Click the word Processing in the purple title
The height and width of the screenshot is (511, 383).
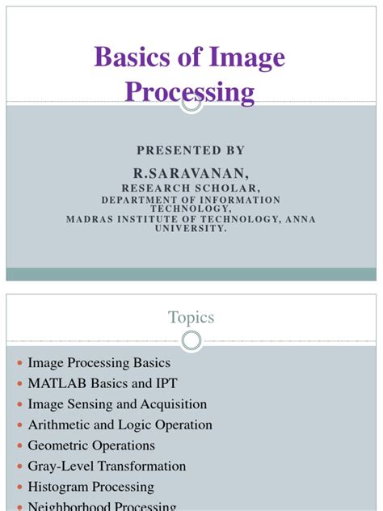click(x=191, y=91)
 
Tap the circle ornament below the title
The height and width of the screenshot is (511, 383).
click(x=191, y=103)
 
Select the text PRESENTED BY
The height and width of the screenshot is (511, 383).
click(x=191, y=151)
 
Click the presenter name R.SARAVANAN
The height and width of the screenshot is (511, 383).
click(x=191, y=174)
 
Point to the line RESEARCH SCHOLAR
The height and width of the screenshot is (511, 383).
click(x=191, y=188)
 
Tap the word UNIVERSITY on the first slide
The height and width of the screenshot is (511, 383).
click(x=191, y=228)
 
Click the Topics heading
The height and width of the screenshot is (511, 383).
click(x=191, y=317)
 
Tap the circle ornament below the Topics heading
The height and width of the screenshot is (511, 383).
click(x=191, y=341)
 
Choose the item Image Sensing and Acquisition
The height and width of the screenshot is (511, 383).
click(x=117, y=404)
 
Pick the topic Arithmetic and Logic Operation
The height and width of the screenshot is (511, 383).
click(x=120, y=424)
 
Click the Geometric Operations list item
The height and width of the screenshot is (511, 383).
click(x=91, y=446)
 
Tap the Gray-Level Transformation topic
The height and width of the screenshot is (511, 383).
click(x=107, y=466)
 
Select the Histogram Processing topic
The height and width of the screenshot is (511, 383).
click(x=90, y=487)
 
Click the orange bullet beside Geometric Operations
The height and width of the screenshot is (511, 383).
click(x=18, y=446)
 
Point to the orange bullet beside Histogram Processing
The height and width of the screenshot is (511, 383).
click(x=18, y=488)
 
